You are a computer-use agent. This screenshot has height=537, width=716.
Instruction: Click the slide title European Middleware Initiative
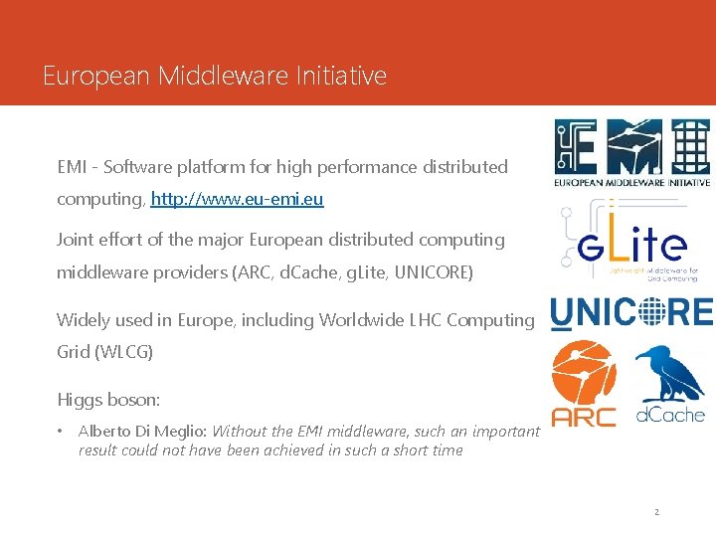point(215,76)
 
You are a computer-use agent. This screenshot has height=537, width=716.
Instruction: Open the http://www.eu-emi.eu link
point(237,199)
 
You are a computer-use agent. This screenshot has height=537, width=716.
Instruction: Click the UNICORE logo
point(631,312)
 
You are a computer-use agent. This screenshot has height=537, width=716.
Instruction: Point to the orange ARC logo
point(584,383)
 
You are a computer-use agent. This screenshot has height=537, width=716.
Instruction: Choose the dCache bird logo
point(669,384)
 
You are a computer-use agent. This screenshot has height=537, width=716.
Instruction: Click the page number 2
point(656,512)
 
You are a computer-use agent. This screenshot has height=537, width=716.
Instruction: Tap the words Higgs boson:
point(108,399)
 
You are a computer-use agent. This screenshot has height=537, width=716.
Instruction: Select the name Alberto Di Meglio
point(142,431)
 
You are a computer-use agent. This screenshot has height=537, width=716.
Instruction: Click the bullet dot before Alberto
point(61,431)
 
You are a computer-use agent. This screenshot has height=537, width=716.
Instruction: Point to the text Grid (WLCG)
point(104,351)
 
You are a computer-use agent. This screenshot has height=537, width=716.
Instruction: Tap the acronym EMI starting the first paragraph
point(73,167)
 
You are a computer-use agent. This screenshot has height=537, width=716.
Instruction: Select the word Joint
point(76,240)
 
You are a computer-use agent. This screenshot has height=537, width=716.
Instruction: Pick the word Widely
point(84,320)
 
